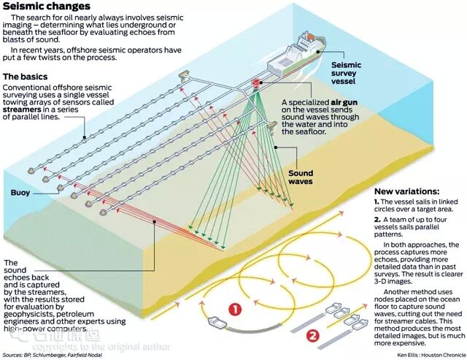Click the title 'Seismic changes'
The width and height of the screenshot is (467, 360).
coord(45,7)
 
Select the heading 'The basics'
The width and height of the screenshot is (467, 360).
coord(26,76)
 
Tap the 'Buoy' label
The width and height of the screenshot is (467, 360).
coord(20,193)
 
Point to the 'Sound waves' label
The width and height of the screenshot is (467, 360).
coord(301,177)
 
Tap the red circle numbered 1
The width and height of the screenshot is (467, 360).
coord(234,310)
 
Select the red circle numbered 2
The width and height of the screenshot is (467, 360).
coord(312,336)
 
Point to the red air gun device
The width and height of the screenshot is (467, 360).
coord(257,84)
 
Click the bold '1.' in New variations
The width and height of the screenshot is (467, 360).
coord(377,200)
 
